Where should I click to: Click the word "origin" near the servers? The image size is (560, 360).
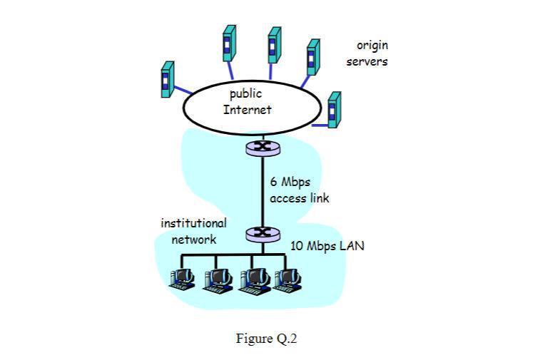(372, 46)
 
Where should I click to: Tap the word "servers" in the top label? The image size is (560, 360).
(367, 61)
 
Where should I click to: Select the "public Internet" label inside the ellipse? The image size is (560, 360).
(247, 102)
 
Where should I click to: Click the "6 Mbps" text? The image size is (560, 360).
(290, 182)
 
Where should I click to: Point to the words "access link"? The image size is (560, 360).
(300, 198)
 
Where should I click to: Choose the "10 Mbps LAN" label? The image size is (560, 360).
(327, 246)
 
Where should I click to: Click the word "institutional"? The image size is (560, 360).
(193, 223)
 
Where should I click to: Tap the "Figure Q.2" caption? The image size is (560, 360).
(266, 339)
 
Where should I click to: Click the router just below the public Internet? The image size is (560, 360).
(263, 148)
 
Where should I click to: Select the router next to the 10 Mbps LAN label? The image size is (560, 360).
(263, 232)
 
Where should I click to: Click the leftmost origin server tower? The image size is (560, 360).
(168, 80)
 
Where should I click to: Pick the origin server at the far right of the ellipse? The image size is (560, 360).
(334, 109)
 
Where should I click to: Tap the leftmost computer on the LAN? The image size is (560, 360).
(183, 279)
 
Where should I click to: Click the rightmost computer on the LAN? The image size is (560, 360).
(288, 279)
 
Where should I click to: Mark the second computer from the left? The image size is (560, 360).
(218, 279)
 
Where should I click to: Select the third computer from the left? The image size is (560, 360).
(253, 279)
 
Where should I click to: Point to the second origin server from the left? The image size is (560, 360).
(229, 43)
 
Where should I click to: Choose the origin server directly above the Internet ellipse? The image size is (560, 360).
(274, 45)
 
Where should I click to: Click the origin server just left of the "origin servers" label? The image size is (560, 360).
(312, 57)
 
